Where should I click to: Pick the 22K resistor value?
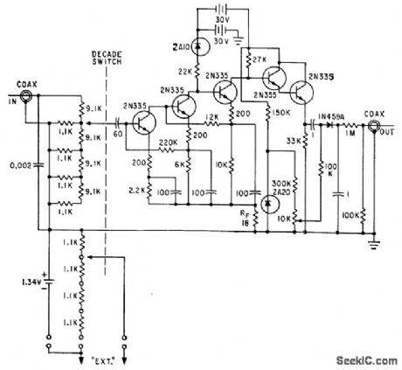[x=185, y=69]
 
